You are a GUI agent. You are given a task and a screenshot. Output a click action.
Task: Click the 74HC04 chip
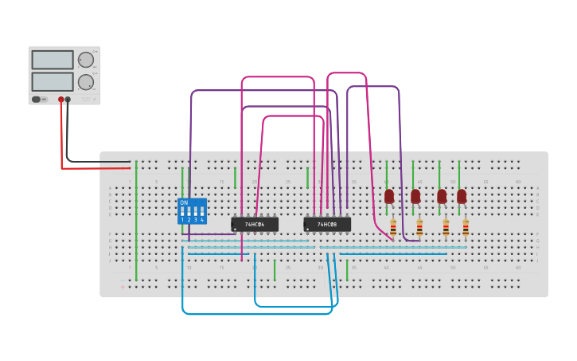point(255,225)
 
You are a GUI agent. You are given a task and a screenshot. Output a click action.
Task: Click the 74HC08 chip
point(327,225)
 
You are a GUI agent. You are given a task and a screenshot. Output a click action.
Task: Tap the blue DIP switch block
point(192,211)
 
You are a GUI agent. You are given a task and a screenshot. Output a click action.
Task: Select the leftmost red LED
point(389,196)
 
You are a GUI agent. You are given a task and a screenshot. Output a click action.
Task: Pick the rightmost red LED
point(462,196)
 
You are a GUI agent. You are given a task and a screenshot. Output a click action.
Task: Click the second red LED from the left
point(415,196)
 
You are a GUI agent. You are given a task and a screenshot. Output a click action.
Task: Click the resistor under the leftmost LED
point(393,228)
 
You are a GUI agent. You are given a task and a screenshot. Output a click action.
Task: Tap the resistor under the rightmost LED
point(466,228)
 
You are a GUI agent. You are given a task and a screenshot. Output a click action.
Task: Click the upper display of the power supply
point(53,60)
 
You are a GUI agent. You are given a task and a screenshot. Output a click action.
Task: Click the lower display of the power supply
point(53,81)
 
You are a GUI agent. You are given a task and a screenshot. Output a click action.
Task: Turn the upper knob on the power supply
point(85,60)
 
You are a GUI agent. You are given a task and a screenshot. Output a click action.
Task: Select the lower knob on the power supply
point(85,81)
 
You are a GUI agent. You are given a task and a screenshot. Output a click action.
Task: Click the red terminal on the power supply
point(60,100)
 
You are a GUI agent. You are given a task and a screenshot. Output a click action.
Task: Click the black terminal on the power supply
point(68,100)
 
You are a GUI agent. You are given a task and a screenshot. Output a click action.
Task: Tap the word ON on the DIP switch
point(184,203)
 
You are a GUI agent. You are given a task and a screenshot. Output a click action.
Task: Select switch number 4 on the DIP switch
point(201,213)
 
